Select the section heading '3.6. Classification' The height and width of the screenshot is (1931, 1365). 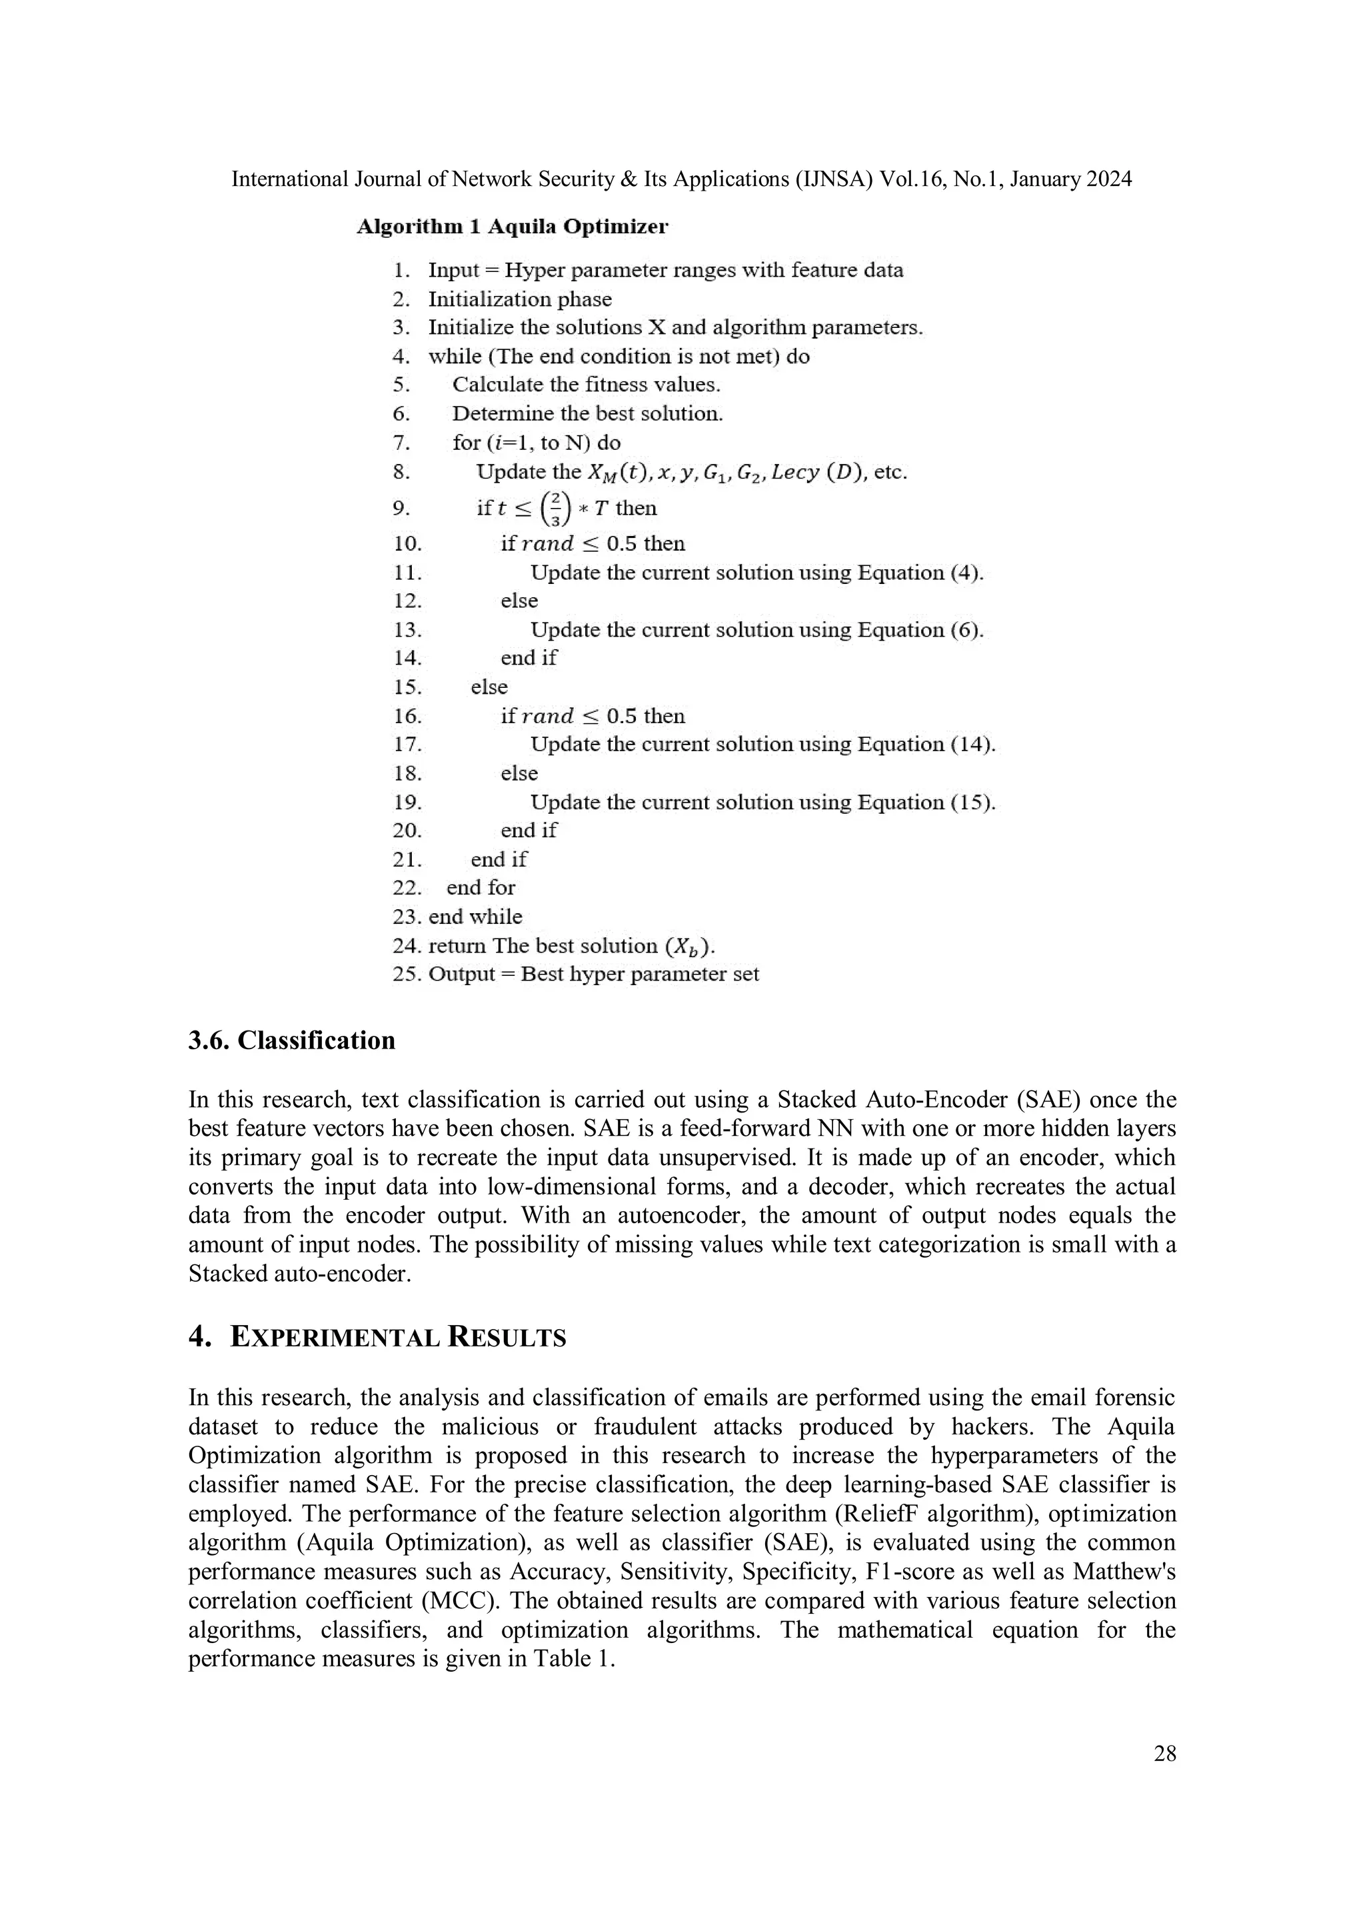point(291,1040)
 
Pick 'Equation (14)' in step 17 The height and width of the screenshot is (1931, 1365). point(925,745)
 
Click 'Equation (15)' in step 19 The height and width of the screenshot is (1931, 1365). point(925,803)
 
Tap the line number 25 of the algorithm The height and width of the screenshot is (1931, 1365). point(407,974)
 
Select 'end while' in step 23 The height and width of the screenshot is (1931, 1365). point(475,917)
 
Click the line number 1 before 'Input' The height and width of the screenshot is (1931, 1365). point(401,271)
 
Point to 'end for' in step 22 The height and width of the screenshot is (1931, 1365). point(481,888)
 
